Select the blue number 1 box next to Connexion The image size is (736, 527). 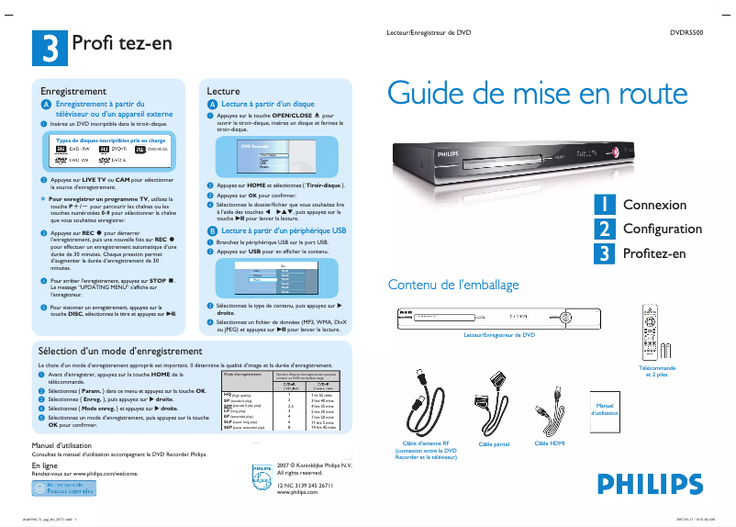(604, 204)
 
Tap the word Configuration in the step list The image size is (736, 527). (663, 229)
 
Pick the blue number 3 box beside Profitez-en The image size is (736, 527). (604, 252)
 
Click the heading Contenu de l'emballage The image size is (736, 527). (453, 285)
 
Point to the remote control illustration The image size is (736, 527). (652, 331)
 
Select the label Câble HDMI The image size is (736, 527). (550, 443)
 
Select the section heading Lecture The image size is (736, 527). (223, 92)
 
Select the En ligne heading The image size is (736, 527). (45, 465)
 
